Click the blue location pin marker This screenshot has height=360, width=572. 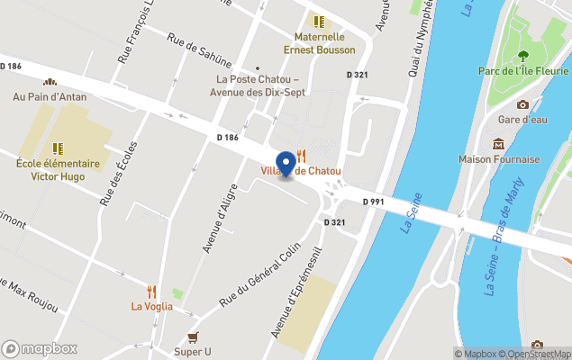pyautogui.click(x=287, y=163)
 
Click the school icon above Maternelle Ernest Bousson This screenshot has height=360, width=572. pyautogui.click(x=318, y=21)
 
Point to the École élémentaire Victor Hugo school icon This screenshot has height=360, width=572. pyautogui.click(x=56, y=148)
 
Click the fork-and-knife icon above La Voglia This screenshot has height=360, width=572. pyautogui.click(x=151, y=291)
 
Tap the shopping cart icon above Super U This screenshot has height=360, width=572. pyautogui.click(x=193, y=337)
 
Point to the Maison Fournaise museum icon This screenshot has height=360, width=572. pyautogui.click(x=498, y=144)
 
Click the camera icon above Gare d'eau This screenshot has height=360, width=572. pyautogui.click(x=522, y=104)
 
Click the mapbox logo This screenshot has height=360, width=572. pyautogui.click(x=41, y=348)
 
